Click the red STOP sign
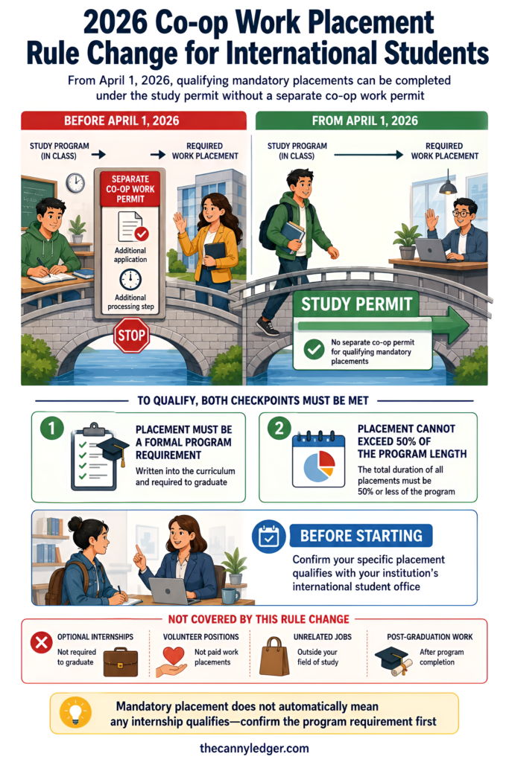pyautogui.click(x=131, y=336)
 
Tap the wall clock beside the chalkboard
pyautogui.click(x=75, y=183)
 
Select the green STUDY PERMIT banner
pyautogui.click(x=355, y=304)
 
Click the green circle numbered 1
pyautogui.click(x=51, y=428)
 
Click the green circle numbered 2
pyautogui.click(x=279, y=428)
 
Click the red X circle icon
pyautogui.click(x=42, y=643)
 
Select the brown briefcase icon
pyautogui.click(x=121, y=662)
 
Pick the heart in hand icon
pyautogui.click(x=171, y=662)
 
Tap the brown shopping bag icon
pyautogui.click(x=274, y=656)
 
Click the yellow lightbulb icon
pyautogui.click(x=75, y=712)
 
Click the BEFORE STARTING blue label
pyautogui.click(x=361, y=536)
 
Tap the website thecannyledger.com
pyautogui.click(x=254, y=748)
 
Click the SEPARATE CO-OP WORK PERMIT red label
pyautogui.click(x=130, y=189)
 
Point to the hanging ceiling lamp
pyautogui.click(x=447, y=185)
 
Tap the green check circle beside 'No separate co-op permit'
pyautogui.click(x=314, y=350)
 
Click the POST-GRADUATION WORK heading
pyautogui.click(x=430, y=637)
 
